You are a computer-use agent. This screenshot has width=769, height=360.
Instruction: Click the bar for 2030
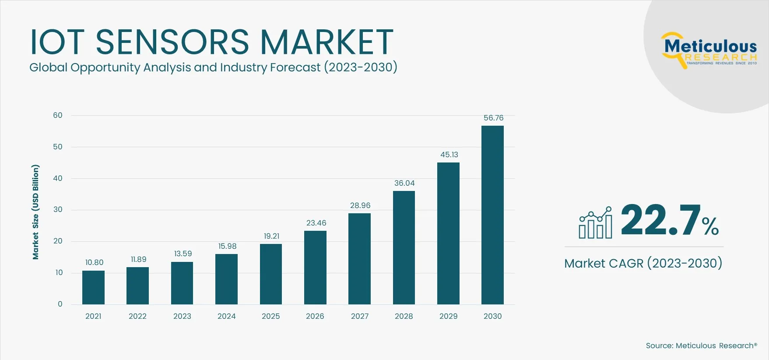[492, 215]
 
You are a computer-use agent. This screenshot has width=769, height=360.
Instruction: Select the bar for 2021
[93, 287]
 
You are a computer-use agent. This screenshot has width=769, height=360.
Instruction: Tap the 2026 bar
[315, 267]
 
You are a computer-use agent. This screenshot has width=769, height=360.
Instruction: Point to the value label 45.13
[449, 155]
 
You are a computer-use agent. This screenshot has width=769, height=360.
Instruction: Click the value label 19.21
[271, 236]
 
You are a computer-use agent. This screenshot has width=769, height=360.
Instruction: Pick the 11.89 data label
[138, 259]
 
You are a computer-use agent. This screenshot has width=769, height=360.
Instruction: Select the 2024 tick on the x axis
[226, 316]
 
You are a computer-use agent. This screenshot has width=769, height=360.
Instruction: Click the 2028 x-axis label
[404, 316]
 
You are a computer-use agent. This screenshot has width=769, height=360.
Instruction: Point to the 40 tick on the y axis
[58, 178]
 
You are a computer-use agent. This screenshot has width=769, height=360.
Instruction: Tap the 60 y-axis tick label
[58, 115]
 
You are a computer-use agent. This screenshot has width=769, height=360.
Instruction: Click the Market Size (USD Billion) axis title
[35, 212]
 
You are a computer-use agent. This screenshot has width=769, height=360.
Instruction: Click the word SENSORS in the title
[172, 42]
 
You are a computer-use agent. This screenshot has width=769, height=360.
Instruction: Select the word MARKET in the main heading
[327, 42]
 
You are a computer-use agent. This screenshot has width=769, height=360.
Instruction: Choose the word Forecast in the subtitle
[295, 67]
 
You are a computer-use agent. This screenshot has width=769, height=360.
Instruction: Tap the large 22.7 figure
[660, 220]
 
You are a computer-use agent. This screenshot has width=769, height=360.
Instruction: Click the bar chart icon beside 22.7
[595, 223]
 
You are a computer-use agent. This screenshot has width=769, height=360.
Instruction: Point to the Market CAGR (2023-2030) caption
[643, 263]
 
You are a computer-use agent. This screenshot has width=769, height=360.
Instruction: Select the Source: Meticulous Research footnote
[701, 346]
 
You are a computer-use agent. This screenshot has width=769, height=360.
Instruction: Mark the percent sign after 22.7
[710, 226]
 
